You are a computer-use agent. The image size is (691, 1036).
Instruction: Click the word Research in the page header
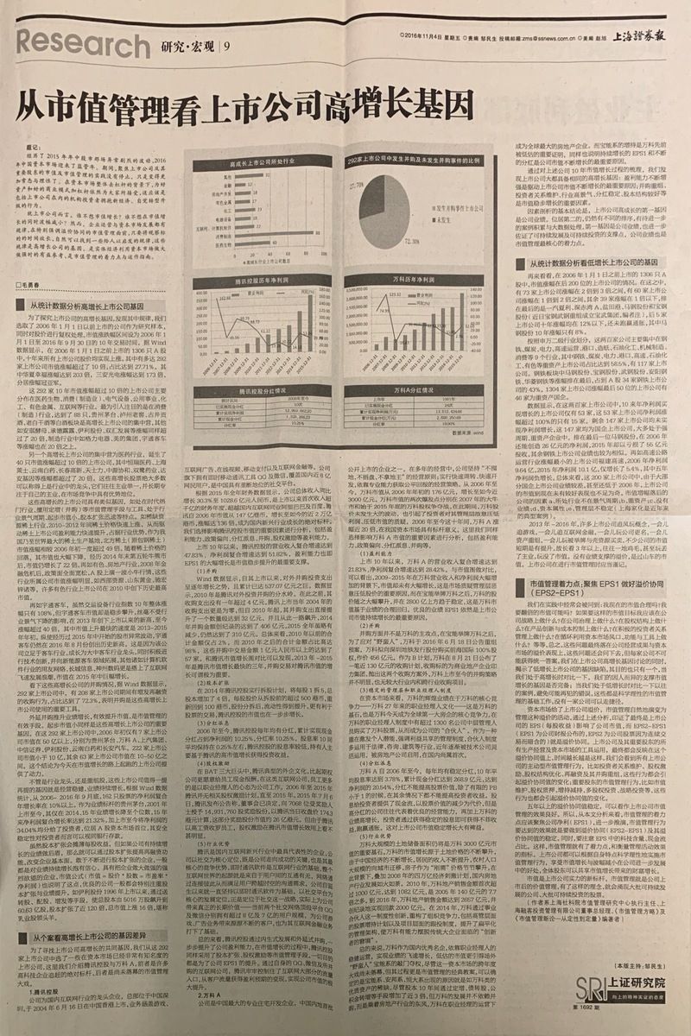(x=73, y=42)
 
